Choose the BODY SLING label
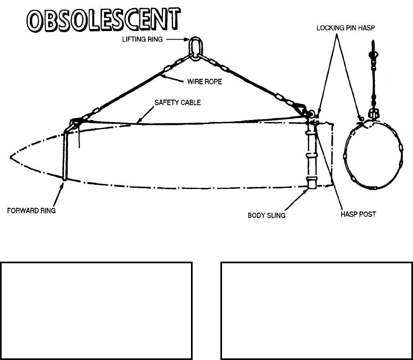point(266,215)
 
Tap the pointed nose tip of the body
point(10,156)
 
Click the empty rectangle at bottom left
point(96,311)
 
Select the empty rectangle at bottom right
point(316,311)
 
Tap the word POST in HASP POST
point(368,214)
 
